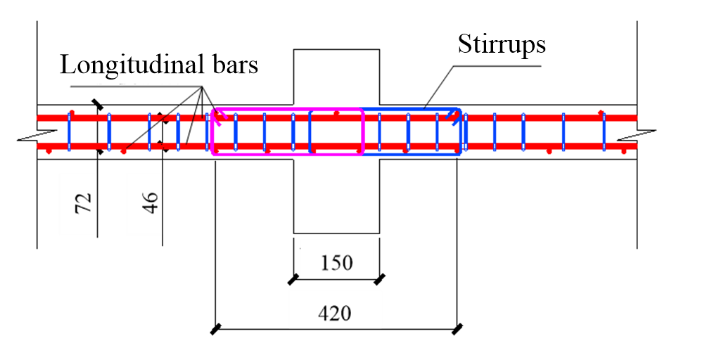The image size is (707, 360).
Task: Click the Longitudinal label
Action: (x=136, y=65)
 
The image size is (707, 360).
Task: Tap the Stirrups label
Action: (x=501, y=44)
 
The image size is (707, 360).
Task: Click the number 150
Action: (x=336, y=263)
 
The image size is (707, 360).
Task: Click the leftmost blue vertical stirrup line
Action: (x=69, y=131)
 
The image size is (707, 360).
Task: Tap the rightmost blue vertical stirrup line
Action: (x=604, y=131)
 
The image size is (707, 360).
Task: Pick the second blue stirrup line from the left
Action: (x=109, y=131)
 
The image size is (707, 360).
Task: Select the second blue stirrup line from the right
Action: (x=563, y=131)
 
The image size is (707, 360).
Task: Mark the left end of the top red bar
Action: (x=39, y=117)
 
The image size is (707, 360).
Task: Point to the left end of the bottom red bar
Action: (x=39, y=146)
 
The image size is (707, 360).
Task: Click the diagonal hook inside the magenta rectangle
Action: (x=220, y=117)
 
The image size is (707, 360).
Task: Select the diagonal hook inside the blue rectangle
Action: (x=455, y=116)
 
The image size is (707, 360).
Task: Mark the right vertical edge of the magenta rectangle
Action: (x=362, y=131)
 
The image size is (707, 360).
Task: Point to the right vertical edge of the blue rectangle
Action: (x=461, y=131)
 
